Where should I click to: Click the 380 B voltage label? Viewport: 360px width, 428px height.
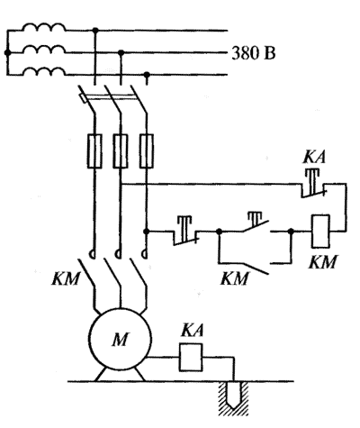coord(254,54)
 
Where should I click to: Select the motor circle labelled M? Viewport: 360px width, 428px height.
coord(120,339)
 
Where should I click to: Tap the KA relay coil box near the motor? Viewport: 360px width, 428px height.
coord(191,358)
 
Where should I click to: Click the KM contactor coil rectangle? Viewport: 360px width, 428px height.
coord(320,232)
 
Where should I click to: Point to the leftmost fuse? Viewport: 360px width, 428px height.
coord(94,150)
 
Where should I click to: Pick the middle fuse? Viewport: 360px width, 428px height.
coord(121,150)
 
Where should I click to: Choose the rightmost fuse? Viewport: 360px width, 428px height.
coord(147,150)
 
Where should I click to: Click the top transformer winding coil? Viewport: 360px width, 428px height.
coord(44,27)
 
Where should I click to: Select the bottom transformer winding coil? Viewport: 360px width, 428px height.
coord(44,71)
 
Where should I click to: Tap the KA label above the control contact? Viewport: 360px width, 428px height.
coord(314,157)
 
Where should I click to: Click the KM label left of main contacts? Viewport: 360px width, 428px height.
coord(66,278)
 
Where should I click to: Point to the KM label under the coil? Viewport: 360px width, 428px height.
coord(323,262)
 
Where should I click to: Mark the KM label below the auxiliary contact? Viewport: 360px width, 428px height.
coord(235,278)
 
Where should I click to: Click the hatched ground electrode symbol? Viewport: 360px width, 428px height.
coord(234,398)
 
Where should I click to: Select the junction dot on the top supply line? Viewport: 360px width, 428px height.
coord(95,31)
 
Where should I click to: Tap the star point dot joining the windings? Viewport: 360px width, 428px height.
coord(7,53)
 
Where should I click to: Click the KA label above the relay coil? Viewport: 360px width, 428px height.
coord(192,330)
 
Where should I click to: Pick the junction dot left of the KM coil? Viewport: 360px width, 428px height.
coord(291,232)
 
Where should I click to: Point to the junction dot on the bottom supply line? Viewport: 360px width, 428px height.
coord(147,75)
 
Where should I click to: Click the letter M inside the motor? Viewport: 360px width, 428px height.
coord(121,340)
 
